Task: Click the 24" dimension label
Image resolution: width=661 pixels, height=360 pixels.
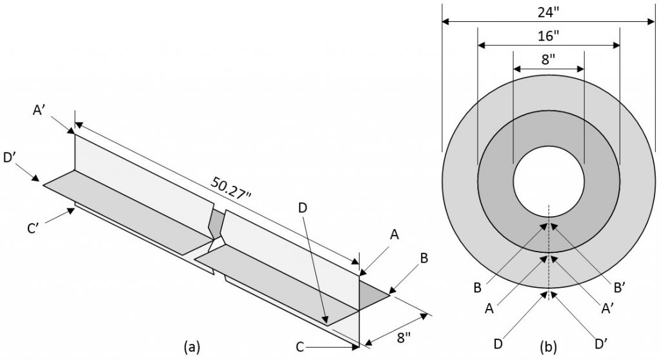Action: pyautogui.click(x=548, y=12)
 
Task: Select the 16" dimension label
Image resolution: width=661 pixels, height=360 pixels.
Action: pyautogui.click(x=548, y=36)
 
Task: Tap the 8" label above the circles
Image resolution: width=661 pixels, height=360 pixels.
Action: pyautogui.click(x=549, y=59)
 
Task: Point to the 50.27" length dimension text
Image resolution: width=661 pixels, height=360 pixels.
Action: pyautogui.click(x=231, y=188)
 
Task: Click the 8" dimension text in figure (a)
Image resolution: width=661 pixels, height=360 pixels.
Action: pyautogui.click(x=404, y=337)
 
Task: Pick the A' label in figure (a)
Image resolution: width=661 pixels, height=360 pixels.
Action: pyautogui.click(x=40, y=110)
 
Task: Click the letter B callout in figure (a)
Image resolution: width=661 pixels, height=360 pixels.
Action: pyautogui.click(x=424, y=257)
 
